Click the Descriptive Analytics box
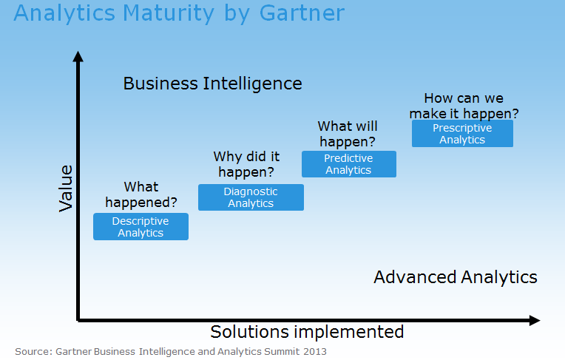(141, 227)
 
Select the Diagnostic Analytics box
(251, 197)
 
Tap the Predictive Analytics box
(348, 164)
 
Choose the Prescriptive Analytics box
(462, 134)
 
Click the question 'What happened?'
(141, 194)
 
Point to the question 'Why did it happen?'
(246, 164)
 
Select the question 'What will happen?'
(347, 134)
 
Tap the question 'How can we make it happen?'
(464, 106)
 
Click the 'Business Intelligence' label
(212, 83)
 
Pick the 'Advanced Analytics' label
(455, 277)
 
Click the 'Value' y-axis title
(66, 189)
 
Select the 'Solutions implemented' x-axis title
(307, 331)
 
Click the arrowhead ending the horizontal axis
(534, 320)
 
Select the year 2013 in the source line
(314, 351)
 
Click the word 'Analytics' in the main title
(59, 13)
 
